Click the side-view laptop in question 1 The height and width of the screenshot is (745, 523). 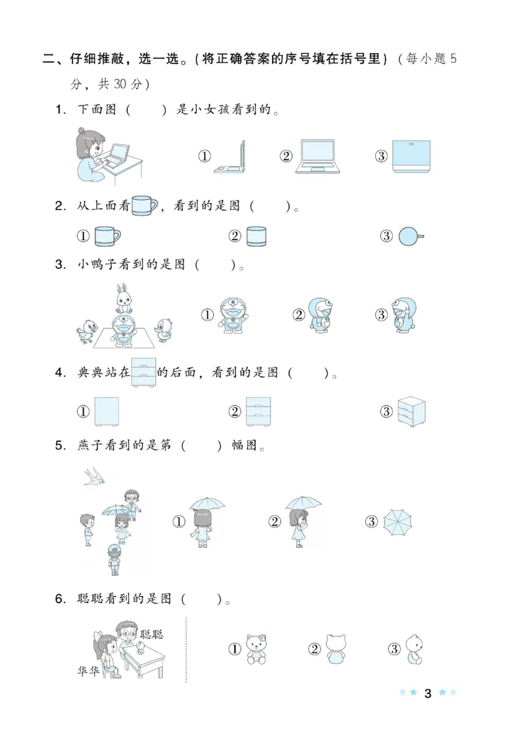230,157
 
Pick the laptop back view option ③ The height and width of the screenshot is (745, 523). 411,156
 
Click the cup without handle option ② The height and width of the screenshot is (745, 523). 257,236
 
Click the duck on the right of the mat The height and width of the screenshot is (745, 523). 165,331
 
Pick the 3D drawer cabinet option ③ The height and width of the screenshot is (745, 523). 411,411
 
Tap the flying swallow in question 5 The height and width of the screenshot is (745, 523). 95,476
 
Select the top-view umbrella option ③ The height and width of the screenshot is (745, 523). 398,522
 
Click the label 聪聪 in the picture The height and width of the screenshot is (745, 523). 152,634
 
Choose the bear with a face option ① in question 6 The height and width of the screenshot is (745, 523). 257,649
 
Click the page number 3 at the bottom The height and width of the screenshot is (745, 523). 428,693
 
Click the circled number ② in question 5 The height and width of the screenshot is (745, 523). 275,522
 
